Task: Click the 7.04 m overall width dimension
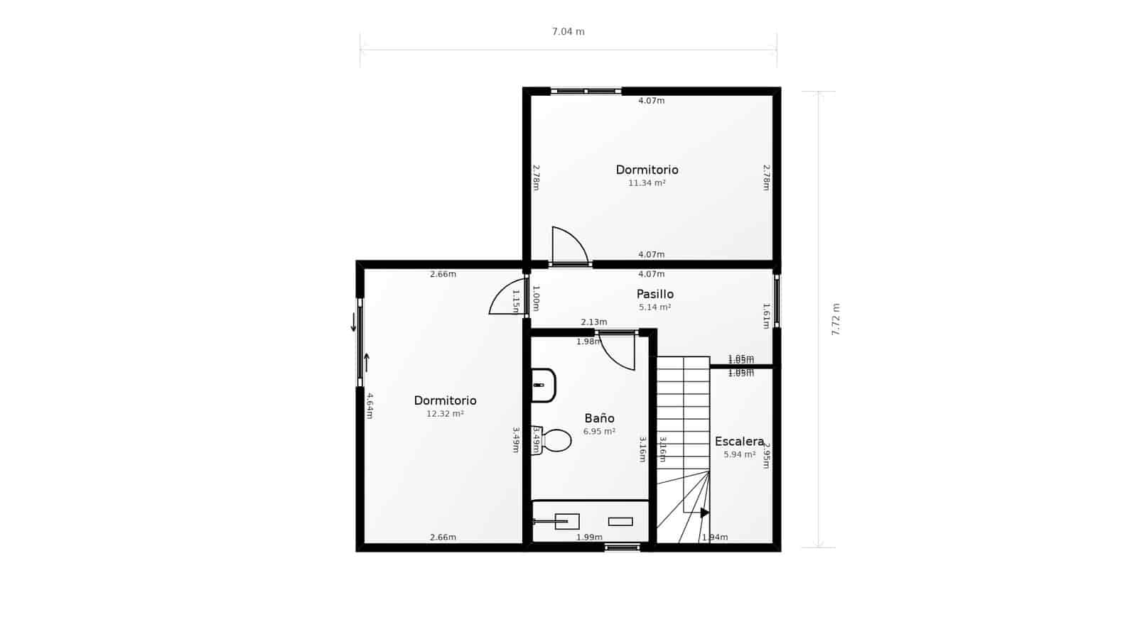(568, 32)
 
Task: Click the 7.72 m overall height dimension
(836, 319)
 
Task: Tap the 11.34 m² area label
(647, 183)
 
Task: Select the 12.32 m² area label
(445, 414)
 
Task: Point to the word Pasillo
(654, 294)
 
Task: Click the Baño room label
(599, 418)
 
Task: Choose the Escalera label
(739, 442)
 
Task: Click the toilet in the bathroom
(554, 440)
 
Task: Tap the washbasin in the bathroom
(543, 385)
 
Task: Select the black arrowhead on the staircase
(704, 513)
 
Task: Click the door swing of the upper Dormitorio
(569, 246)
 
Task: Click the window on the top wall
(586, 91)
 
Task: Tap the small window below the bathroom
(623, 547)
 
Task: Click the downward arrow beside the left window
(353, 324)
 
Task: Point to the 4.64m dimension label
(370, 405)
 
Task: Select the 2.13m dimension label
(594, 322)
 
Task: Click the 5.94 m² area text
(739, 454)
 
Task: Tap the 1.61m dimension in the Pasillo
(766, 316)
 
